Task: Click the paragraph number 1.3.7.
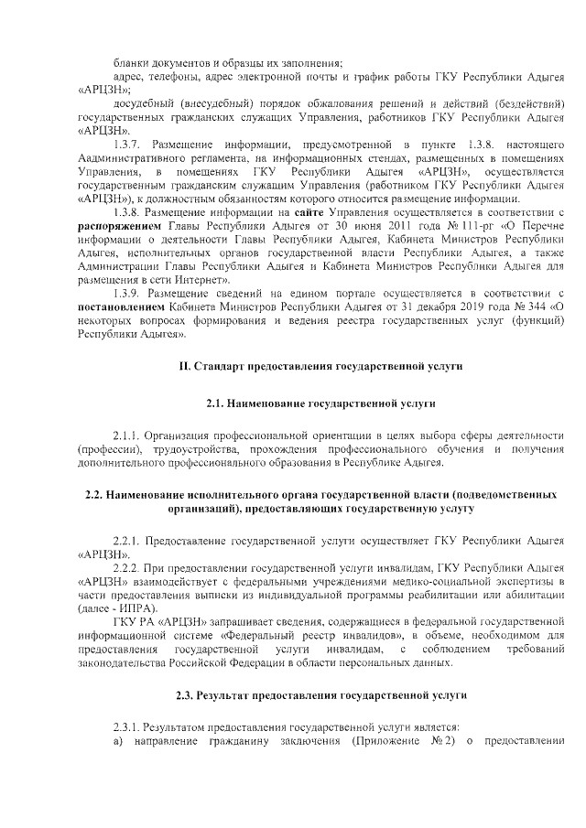point(127,145)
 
